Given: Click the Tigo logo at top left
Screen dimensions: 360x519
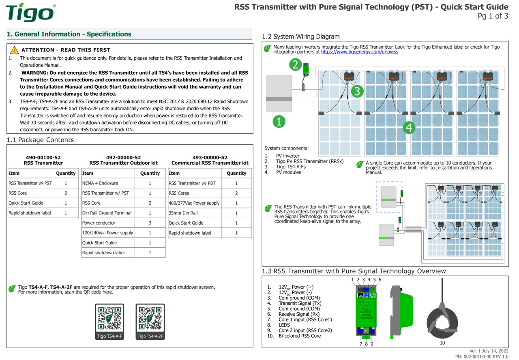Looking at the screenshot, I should [30, 13].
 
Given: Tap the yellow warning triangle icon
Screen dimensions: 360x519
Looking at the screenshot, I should [15, 50].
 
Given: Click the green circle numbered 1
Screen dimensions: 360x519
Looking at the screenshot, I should [279, 122].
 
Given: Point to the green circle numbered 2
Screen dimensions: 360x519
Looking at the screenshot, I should [296, 64].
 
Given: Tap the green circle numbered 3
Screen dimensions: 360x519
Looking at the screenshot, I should [356, 92].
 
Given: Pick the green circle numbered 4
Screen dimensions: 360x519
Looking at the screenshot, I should [409, 128].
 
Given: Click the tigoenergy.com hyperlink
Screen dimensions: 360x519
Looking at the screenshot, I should [359, 52].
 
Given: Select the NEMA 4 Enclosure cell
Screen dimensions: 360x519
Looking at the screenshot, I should [100, 183].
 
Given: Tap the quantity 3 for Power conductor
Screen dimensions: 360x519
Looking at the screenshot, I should [150, 223].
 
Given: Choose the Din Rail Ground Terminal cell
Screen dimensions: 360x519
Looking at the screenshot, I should [107, 213].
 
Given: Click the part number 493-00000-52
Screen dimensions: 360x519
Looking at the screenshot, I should [210, 157].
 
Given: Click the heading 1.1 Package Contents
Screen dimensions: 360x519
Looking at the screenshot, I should [41, 140].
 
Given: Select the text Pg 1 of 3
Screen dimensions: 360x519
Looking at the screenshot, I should [493, 16].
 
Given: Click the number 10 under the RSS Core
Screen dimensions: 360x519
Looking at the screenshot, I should [442, 343].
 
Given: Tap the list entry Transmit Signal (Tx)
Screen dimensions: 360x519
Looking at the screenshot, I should [300, 303].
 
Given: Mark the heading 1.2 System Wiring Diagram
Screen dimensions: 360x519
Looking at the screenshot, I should [301, 36].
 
